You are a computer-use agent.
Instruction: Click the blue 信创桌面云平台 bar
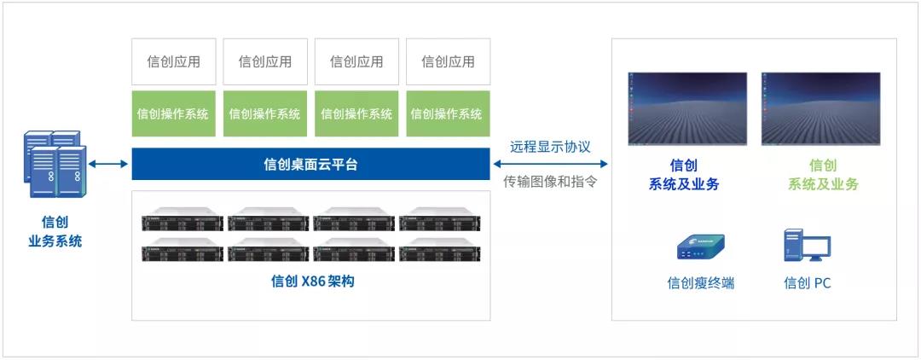point(310,164)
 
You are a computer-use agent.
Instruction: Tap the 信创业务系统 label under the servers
point(55,231)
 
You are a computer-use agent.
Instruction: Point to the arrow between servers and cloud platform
point(108,164)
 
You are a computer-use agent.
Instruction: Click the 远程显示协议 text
point(550,147)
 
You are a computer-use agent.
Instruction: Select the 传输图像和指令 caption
point(550,182)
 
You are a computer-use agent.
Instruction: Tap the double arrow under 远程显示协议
point(550,164)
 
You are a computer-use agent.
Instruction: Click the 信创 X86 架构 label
point(312,281)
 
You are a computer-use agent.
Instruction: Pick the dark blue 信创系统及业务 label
point(683,175)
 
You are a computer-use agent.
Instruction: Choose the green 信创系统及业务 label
point(822,175)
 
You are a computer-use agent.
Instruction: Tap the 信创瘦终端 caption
point(700,283)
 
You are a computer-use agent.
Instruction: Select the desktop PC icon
point(807,245)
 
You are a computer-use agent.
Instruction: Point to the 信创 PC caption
point(807,283)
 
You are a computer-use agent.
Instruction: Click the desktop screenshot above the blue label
point(687,108)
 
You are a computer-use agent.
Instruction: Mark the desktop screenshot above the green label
point(820,108)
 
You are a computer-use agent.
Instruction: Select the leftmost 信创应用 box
point(174,61)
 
